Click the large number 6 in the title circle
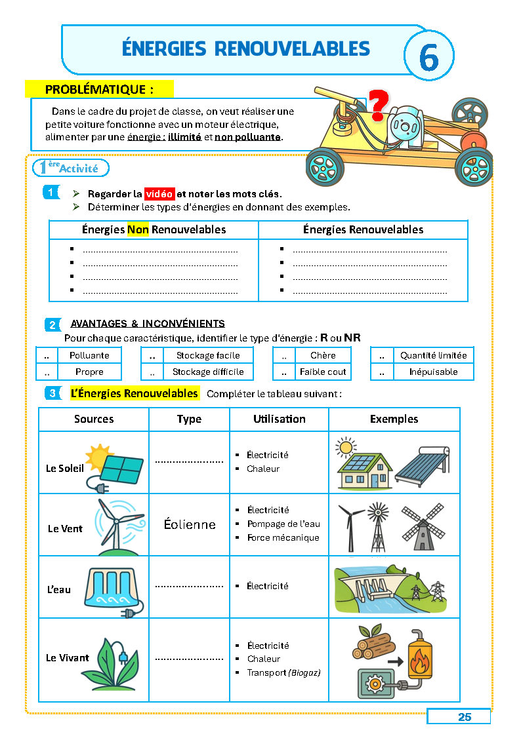(428, 58)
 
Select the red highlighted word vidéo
(159, 194)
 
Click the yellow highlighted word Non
(138, 229)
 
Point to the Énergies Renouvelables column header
(363, 229)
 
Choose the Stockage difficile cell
(208, 372)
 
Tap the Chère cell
(323, 355)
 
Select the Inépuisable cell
(433, 372)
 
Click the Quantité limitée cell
(433, 355)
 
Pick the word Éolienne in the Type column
(190, 524)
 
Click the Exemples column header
(394, 419)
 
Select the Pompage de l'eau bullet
(283, 524)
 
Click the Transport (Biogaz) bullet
(283, 672)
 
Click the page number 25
(465, 717)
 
